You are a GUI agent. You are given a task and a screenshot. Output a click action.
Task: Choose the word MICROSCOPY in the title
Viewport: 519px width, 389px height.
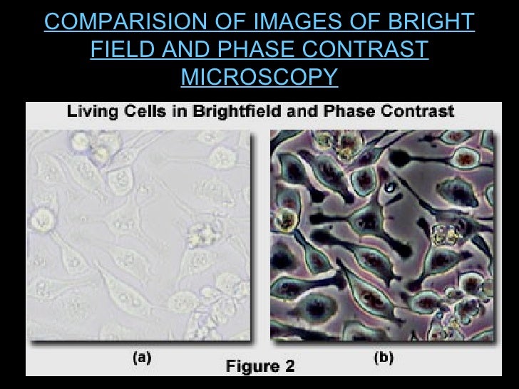(259, 76)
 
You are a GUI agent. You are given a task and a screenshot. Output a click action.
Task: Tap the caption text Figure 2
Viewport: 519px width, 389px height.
(259, 367)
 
